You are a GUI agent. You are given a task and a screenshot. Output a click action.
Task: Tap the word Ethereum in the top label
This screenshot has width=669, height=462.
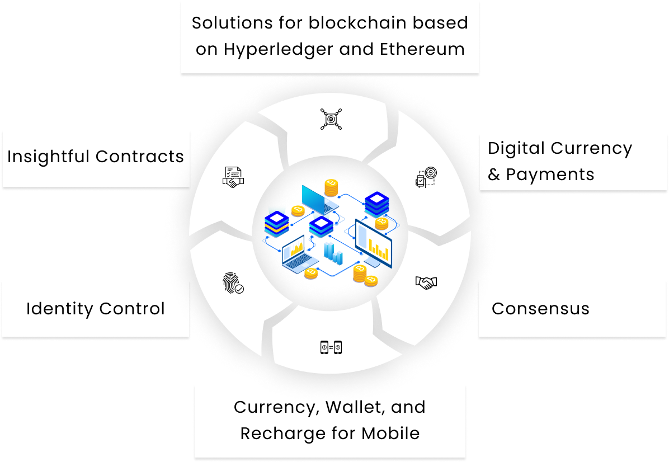click(422, 49)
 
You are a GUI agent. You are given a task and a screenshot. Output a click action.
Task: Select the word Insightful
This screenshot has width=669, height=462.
click(49, 157)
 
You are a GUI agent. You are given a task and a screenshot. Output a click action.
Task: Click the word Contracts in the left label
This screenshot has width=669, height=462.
click(140, 157)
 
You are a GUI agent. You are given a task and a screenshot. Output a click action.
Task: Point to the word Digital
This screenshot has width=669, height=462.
click(516, 148)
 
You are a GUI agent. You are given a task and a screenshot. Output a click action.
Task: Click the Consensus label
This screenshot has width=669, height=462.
click(540, 309)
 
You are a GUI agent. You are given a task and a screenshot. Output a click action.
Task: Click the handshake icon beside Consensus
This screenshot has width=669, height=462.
click(426, 283)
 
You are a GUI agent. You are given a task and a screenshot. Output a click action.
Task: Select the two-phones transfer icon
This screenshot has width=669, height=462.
click(331, 348)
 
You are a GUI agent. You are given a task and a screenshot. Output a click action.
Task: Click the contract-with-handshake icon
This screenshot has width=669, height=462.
click(234, 177)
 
